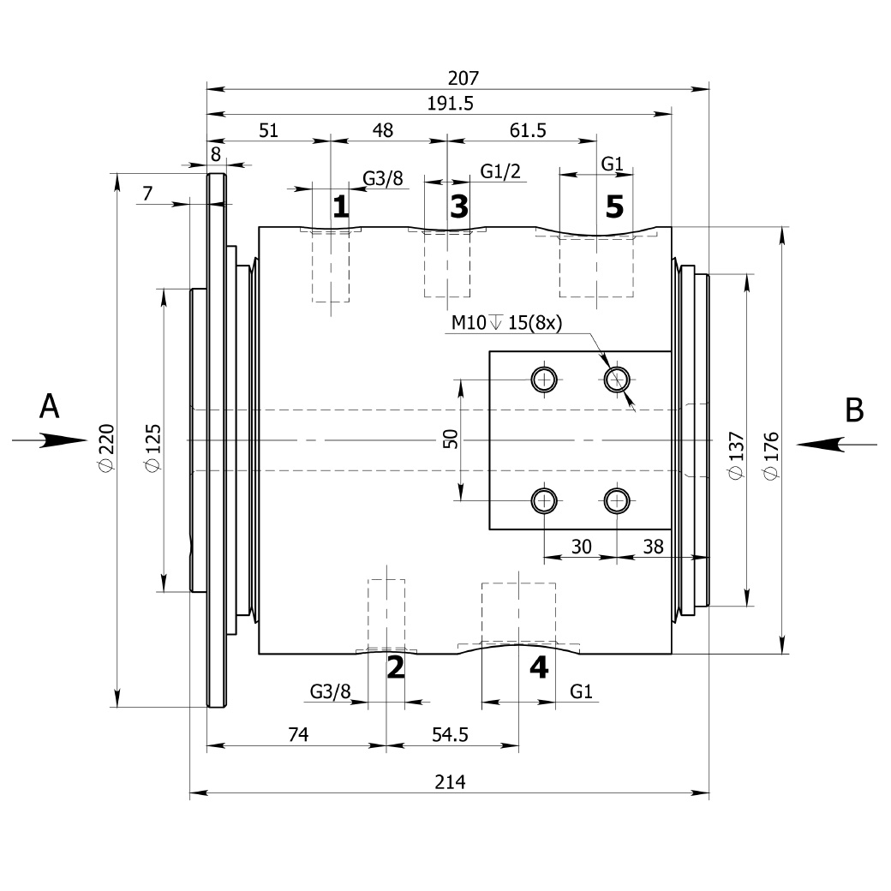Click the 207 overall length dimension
463,78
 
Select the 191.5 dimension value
450,104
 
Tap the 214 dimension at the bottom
450,782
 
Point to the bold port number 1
340,206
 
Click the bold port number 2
396,667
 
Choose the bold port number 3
459,206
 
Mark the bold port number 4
539,667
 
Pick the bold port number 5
614,206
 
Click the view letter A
50,407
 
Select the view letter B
855,410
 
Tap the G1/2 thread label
500,171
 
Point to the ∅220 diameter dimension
107,447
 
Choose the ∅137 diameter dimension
736,455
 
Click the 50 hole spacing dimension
450,440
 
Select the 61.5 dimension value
528,130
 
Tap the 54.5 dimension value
450,735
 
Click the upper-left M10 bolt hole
544,379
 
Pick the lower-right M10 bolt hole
617,501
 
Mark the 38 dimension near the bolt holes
654,547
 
